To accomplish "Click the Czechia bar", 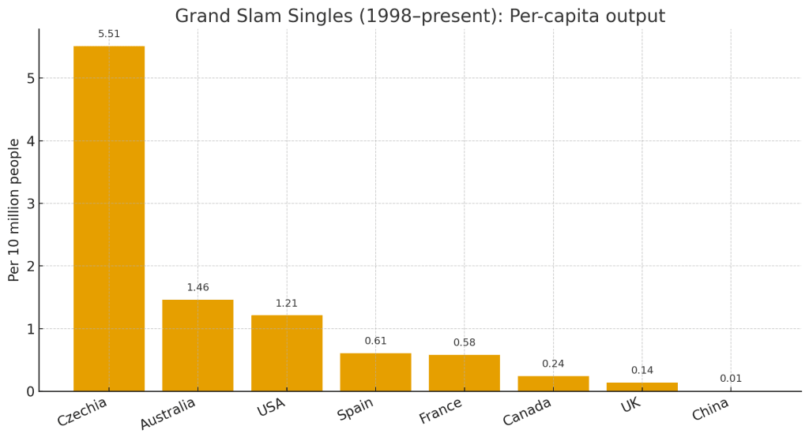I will (x=109, y=219).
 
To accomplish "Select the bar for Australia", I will (x=198, y=345).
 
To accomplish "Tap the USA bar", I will (x=287, y=353).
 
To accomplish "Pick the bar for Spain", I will (x=375, y=372).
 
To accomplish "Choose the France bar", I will (x=465, y=372).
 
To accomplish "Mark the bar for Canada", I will (x=553, y=383).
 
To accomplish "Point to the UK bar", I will (x=642, y=387).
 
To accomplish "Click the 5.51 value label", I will (x=109, y=34).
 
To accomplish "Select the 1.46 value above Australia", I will (x=198, y=288).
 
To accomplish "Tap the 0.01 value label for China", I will (x=731, y=379).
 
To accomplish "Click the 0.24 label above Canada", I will (x=553, y=364).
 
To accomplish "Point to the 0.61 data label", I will (x=375, y=341).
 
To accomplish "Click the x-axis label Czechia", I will (x=82, y=412).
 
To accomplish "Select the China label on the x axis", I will (x=710, y=409).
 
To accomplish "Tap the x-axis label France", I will (x=441, y=410).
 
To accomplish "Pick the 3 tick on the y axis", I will (x=30, y=204).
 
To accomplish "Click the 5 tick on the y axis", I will (x=30, y=78).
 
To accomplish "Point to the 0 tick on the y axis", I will (x=30, y=391).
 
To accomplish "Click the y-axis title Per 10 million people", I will (x=14, y=210).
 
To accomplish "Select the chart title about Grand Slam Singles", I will (x=420, y=16).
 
